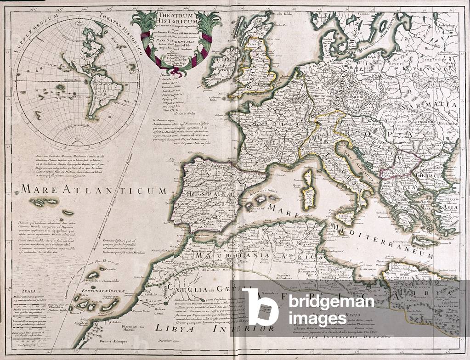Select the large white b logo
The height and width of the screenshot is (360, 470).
(x=260, y=307)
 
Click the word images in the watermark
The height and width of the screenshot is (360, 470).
(x=317, y=318)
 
